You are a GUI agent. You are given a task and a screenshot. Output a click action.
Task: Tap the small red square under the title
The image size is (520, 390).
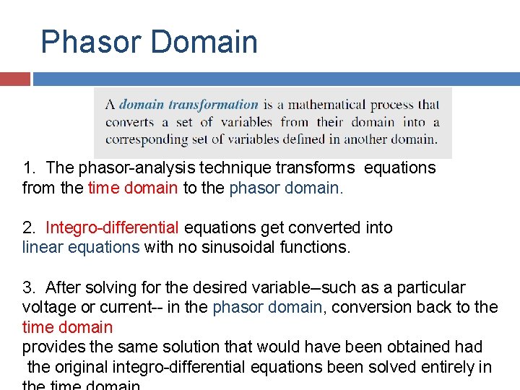pos(14,79)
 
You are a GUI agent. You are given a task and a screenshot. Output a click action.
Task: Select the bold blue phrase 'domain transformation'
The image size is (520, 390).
pos(188,105)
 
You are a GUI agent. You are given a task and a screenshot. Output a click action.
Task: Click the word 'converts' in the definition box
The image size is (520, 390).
pos(130,122)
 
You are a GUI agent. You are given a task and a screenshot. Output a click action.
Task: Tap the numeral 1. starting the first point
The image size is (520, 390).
pos(30,168)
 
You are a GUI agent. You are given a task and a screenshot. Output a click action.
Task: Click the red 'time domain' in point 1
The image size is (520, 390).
pos(132,188)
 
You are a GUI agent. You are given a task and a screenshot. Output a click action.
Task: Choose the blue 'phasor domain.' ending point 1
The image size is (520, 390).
pos(286,188)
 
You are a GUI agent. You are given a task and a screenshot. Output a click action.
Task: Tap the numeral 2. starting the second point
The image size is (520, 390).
pos(30,228)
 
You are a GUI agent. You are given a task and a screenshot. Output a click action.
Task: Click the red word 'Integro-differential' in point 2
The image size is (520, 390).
pos(112,228)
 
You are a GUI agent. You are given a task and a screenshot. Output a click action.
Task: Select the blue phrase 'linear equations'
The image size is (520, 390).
pos(81,248)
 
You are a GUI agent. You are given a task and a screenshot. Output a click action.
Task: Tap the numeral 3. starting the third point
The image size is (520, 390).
pos(30,288)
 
